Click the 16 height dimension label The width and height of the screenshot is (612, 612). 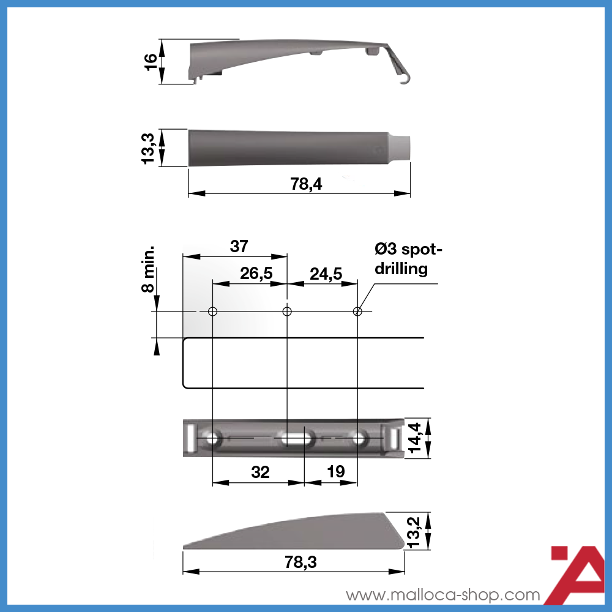pyautogui.click(x=151, y=62)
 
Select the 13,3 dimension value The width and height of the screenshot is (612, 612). pyautogui.click(x=148, y=148)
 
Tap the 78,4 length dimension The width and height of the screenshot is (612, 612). pyautogui.click(x=306, y=184)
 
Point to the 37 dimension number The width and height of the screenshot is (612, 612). pyautogui.click(x=239, y=246)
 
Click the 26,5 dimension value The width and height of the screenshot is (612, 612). pyautogui.click(x=256, y=274)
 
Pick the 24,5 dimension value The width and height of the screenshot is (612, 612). pyautogui.click(x=326, y=274)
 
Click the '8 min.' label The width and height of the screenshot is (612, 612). pyautogui.click(x=148, y=269)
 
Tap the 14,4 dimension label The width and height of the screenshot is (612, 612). pyautogui.click(x=414, y=438)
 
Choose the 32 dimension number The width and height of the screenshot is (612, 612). pyautogui.click(x=260, y=472)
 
